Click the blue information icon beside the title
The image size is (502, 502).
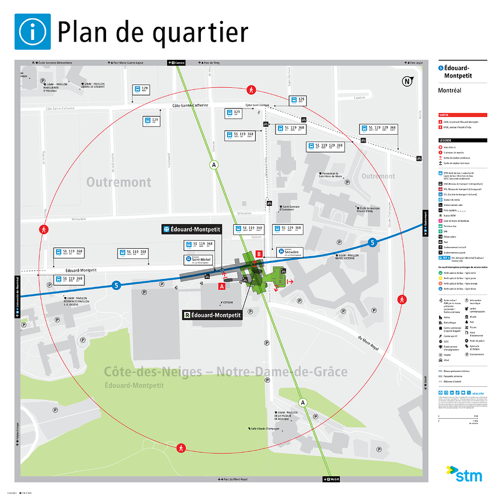click(33, 32)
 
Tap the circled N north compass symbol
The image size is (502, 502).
click(407, 81)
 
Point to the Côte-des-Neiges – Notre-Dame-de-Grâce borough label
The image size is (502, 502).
click(225, 372)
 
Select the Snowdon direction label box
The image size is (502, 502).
click(292, 252)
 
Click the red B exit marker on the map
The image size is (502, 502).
click(258, 254)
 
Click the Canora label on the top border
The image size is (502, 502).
click(177, 63)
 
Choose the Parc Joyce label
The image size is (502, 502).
click(414, 63)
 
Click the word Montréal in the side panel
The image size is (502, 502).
click(449, 90)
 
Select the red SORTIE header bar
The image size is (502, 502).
click(462, 115)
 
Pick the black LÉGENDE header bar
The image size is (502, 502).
click(462, 140)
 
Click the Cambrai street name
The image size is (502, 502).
click(359, 98)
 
